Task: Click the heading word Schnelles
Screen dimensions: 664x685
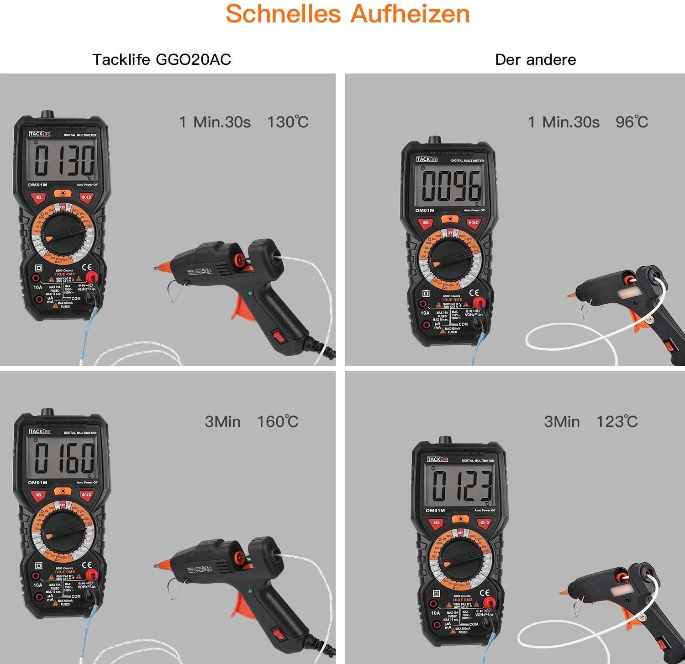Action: tap(283, 14)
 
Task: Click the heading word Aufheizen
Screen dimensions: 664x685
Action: tap(410, 14)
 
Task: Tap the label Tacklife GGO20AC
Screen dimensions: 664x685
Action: tap(162, 59)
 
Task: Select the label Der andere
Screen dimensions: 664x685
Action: tap(535, 59)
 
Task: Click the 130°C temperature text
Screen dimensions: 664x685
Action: tap(288, 122)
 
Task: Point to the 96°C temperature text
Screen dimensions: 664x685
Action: tap(632, 122)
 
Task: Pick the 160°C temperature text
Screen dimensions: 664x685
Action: tap(278, 422)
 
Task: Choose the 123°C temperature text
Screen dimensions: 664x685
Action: tap(617, 422)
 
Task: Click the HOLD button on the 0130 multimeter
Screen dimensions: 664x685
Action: tap(86, 197)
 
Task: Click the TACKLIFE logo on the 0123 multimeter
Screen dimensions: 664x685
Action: tap(437, 459)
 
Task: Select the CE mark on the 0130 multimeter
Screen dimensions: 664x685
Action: tap(87, 268)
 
